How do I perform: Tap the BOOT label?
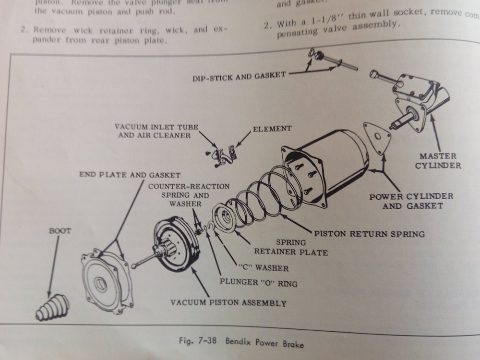[60, 231]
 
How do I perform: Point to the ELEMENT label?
[272, 129]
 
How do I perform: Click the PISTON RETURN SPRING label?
[369, 234]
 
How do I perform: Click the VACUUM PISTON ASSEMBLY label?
[229, 303]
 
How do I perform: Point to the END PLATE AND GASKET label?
[130, 175]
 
